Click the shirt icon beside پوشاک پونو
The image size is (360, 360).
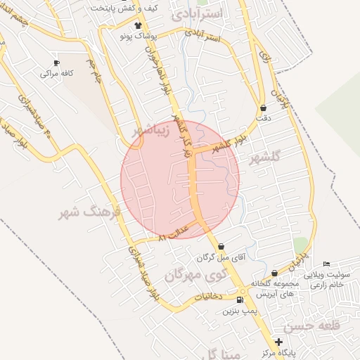[137, 25]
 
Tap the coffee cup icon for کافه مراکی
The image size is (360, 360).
[56, 62]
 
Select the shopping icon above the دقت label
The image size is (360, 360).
[263, 108]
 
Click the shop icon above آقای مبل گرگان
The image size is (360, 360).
[221, 247]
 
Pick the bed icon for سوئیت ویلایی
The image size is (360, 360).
[326, 264]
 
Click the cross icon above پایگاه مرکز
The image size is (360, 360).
[278, 341]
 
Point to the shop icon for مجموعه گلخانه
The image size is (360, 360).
[274, 274]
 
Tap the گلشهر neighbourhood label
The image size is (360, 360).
[265, 157]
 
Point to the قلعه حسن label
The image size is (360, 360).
[312, 326]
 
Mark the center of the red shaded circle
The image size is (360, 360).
[180, 180]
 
